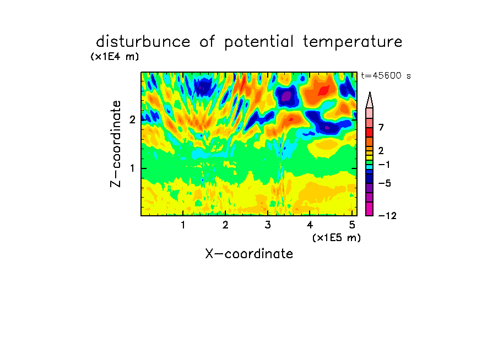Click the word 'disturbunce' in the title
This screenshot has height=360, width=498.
[x=143, y=42]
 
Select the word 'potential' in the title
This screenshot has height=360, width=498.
[x=258, y=42]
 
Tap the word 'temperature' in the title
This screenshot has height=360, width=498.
[x=353, y=42]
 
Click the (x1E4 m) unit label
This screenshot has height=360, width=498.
[x=115, y=57]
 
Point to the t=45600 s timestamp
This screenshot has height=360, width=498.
[x=386, y=76]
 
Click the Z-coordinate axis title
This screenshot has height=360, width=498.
[x=116, y=144]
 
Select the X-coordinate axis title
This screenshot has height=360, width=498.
[x=249, y=254]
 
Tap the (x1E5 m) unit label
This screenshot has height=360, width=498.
[x=337, y=238]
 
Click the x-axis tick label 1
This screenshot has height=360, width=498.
[x=183, y=225]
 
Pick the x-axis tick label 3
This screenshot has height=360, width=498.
[x=267, y=225]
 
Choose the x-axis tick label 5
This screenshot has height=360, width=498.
[x=352, y=225]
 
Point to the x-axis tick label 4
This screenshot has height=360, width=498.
[x=310, y=225]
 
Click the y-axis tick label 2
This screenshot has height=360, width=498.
[x=132, y=119]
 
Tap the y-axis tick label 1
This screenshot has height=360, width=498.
[x=132, y=168]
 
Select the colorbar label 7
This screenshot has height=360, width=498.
[x=381, y=127]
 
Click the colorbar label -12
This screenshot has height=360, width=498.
[x=387, y=216]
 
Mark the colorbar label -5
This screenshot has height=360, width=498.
[x=385, y=183]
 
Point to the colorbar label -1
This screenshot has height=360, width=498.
[x=384, y=165]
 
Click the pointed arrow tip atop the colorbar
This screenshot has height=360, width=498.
[x=370, y=92]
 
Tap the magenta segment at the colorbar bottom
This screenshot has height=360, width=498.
[x=370, y=209]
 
